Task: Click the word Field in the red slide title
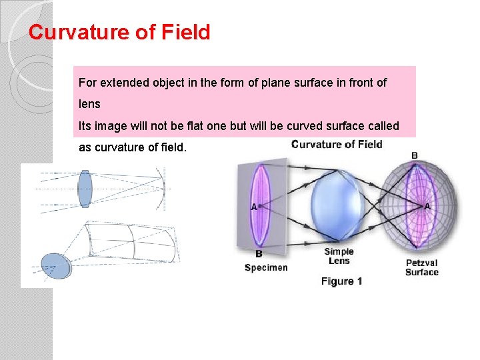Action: point(185,32)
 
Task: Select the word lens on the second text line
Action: point(89,105)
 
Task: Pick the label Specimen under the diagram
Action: point(266,267)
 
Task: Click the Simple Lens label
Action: point(339,256)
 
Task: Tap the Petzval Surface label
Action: point(422,267)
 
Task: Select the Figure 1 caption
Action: point(341,281)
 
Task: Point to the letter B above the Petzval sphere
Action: point(415,156)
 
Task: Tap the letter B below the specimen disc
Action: point(259,253)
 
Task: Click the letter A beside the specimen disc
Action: point(253,207)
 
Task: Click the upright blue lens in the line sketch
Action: point(84,189)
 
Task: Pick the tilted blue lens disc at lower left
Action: point(55,265)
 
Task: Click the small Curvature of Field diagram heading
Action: point(337,144)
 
